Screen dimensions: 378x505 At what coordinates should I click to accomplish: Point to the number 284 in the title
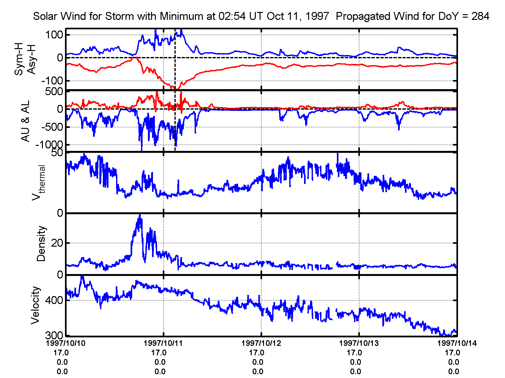pos(480,16)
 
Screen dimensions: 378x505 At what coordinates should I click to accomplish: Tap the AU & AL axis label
pos(25,121)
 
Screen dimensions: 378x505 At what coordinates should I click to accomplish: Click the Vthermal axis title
pos(38,183)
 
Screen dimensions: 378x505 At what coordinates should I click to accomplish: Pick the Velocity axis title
pos(35,305)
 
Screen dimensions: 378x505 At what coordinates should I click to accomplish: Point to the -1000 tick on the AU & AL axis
pos(49,145)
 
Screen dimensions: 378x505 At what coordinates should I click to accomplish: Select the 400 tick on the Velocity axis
pos(54,300)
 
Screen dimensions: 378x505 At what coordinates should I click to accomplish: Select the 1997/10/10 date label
pos(66,343)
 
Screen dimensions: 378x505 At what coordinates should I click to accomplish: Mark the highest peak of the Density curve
pos(140,215)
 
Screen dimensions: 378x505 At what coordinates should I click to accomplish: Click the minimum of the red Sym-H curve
pos(177,89)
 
